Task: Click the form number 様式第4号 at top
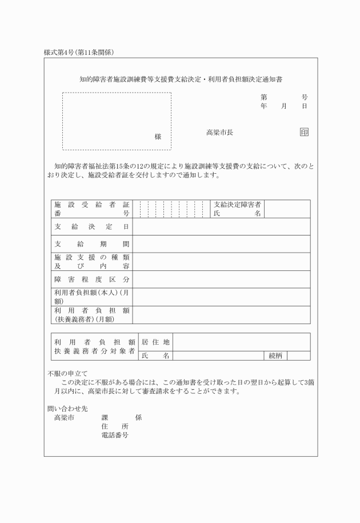point(61,53)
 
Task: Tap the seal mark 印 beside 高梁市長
point(304,133)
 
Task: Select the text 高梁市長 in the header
point(219,133)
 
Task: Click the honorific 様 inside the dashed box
point(158,137)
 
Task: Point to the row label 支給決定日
point(91,227)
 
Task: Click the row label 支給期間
point(91,244)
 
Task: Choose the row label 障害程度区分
point(91,280)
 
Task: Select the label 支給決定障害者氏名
point(237,209)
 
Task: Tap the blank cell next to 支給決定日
point(221,227)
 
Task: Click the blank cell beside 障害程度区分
point(221,280)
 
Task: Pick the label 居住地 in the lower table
point(155,342)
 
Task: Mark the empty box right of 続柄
point(298,356)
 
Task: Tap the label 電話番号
point(114,435)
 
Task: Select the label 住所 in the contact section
point(114,426)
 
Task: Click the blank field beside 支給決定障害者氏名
point(287,209)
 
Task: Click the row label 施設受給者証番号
point(91,209)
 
